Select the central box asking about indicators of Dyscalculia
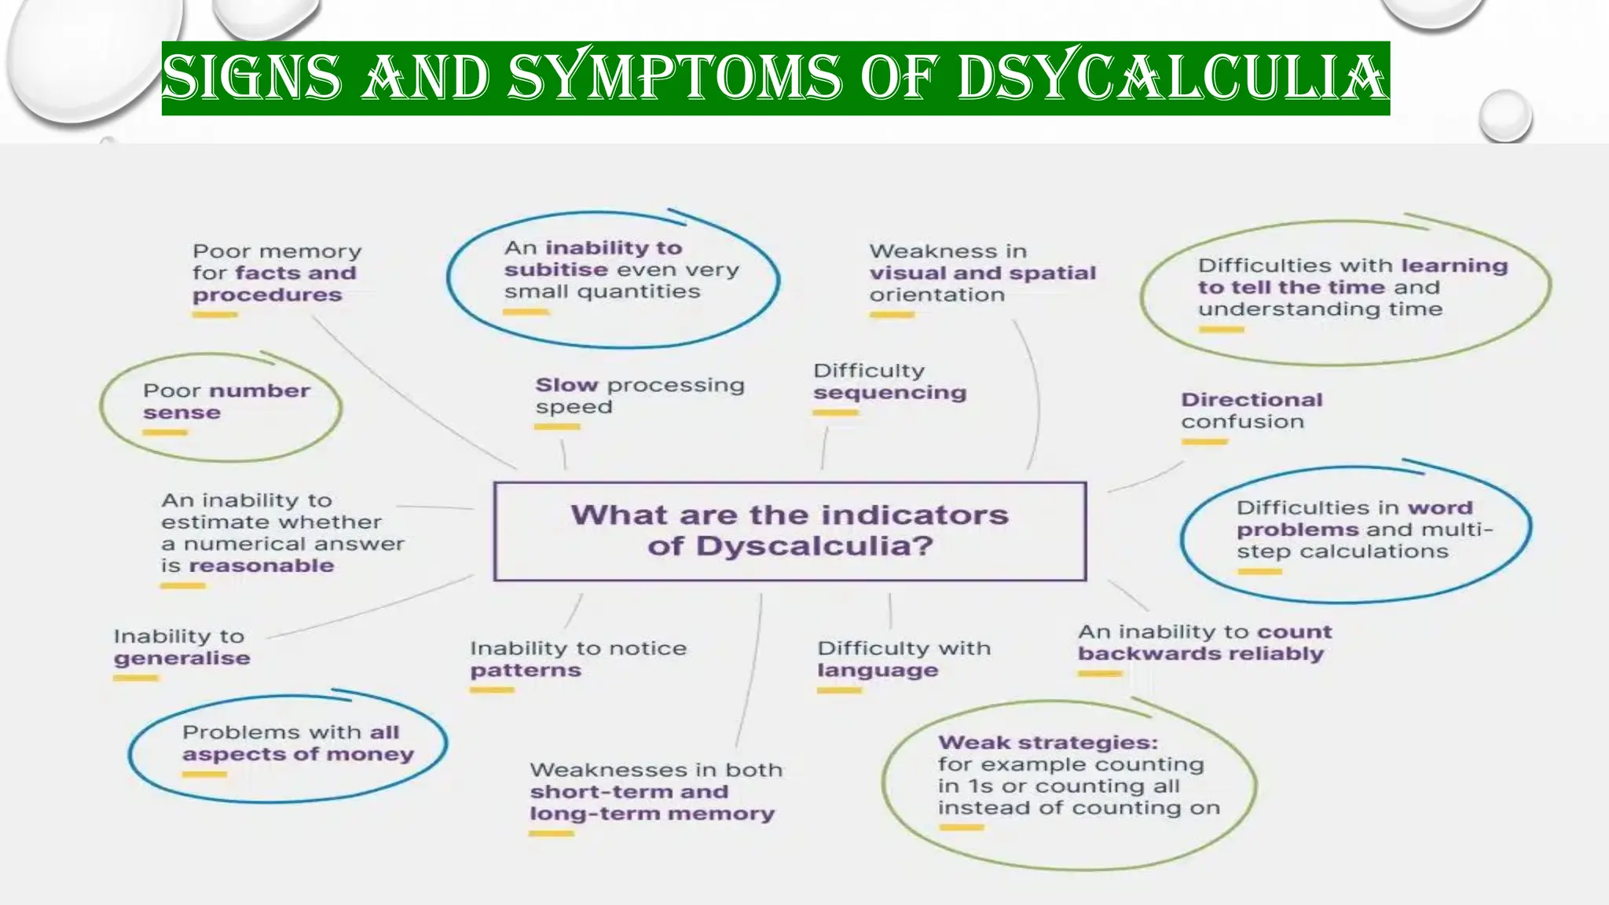click(x=790, y=531)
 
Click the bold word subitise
click(x=555, y=270)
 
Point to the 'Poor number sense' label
click(x=226, y=401)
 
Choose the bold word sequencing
click(x=889, y=393)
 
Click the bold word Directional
click(x=1252, y=400)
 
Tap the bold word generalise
click(x=181, y=658)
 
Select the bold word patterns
click(x=526, y=671)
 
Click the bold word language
click(x=878, y=671)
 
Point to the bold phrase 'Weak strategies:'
click(x=1047, y=742)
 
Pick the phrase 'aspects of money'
click(x=298, y=754)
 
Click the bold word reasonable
click(x=261, y=566)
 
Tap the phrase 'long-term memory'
click(x=651, y=814)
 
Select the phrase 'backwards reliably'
click(x=1200, y=654)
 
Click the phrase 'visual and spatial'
click(x=982, y=273)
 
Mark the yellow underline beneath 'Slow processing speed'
click(x=557, y=427)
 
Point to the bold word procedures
click(x=267, y=295)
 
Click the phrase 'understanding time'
click(x=1320, y=310)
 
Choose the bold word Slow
click(x=566, y=385)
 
